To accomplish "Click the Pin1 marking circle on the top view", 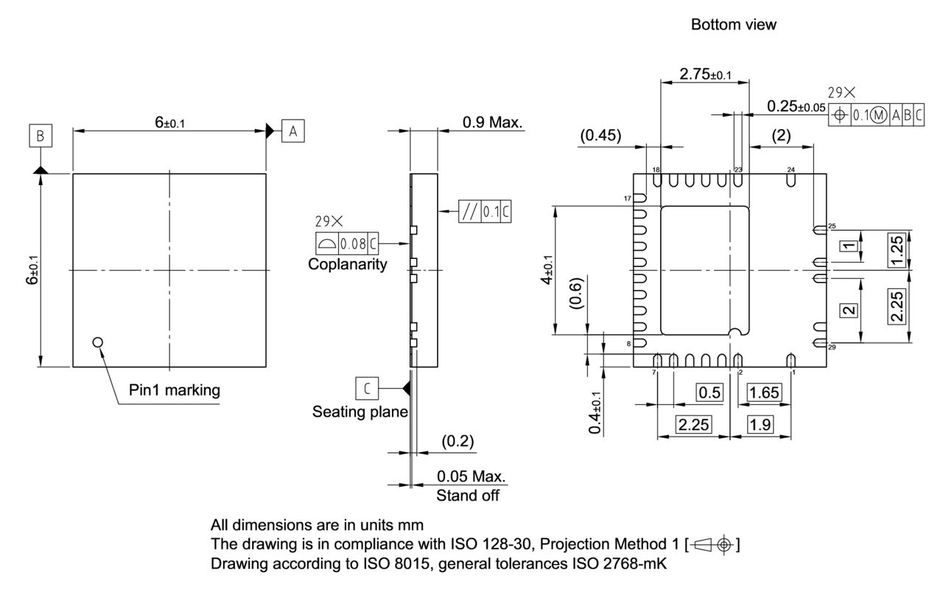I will click(97, 341).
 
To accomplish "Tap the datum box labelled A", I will click(292, 131).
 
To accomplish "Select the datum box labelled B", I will click(41, 136).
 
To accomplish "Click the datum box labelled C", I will click(367, 387).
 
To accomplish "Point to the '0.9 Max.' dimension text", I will click(493, 122).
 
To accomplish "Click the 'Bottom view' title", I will click(733, 24).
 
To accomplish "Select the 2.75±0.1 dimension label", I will click(705, 74).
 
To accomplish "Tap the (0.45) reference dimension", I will click(600, 135).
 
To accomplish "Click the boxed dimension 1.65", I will click(763, 392).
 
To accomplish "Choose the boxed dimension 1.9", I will click(760, 424).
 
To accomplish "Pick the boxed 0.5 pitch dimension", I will click(709, 392).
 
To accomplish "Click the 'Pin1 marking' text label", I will click(174, 390).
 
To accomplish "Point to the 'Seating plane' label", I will click(360, 411).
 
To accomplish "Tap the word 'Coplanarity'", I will click(347, 264).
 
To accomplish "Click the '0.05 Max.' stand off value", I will click(471, 476).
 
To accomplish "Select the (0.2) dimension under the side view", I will click(458, 441).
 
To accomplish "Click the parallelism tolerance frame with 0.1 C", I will click(485, 212).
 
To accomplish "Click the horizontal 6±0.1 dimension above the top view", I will click(170, 122).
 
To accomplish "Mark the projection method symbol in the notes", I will click(712, 545).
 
